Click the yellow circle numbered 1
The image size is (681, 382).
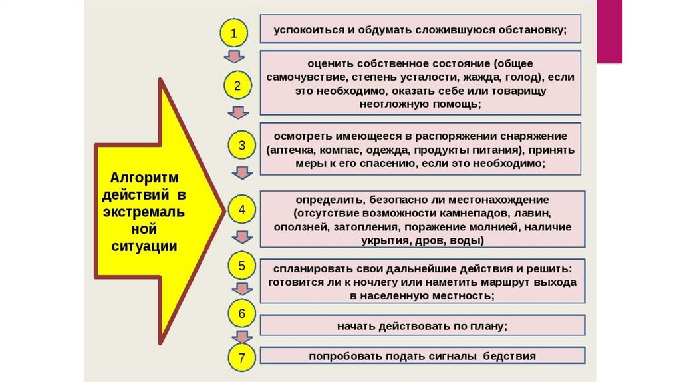tap(233, 31)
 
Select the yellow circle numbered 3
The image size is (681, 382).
tap(241, 145)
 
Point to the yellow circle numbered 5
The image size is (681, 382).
tap(242, 266)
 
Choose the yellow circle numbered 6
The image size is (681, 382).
tap(242, 313)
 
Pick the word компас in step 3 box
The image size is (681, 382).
tap(352, 149)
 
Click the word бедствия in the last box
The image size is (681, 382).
tap(509, 356)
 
